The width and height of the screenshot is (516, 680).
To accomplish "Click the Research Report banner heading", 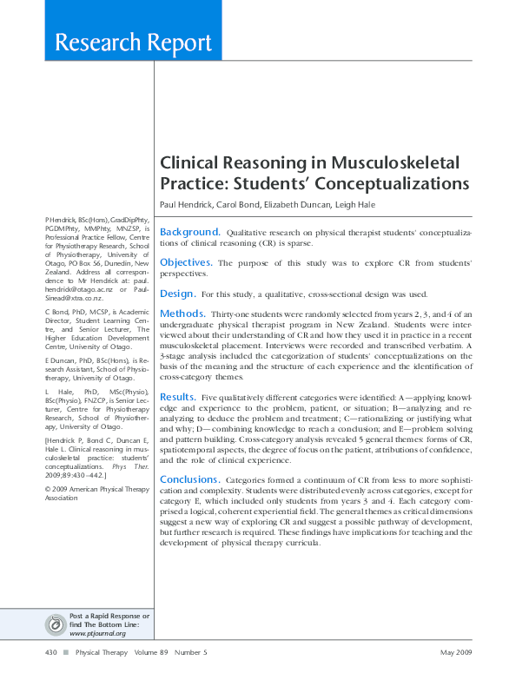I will (133, 43).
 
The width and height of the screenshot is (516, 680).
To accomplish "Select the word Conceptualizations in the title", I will (392, 184).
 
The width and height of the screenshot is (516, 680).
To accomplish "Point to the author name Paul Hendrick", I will (186, 204).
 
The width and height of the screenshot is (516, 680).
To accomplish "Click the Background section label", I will (189, 232).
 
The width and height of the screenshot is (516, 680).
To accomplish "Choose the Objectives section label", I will (186, 262).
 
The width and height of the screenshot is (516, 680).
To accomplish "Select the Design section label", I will (177, 294).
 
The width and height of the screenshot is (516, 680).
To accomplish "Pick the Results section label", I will (178, 396).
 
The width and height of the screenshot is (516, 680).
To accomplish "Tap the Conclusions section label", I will (189, 479).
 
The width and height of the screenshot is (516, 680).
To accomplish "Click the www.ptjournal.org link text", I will (97, 633).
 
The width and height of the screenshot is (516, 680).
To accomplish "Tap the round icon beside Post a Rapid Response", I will (56, 624).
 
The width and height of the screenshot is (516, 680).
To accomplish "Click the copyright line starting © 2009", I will (87, 489).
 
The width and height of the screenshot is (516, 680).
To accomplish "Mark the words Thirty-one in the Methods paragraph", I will (228, 314).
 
